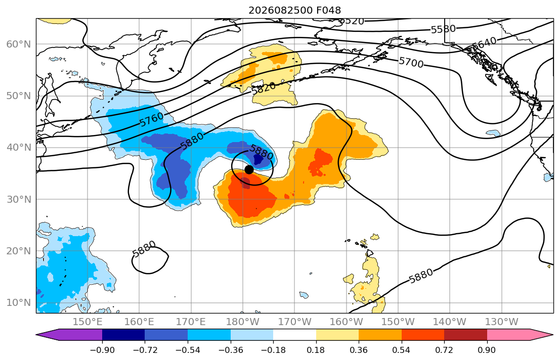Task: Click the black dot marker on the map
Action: click(249, 170)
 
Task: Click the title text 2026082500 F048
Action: click(294, 10)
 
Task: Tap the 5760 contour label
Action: click(152, 119)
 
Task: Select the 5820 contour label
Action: click(264, 88)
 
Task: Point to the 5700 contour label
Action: click(411, 62)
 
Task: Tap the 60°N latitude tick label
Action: click(19, 44)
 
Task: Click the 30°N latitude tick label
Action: click(19, 199)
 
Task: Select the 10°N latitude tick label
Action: click(19, 303)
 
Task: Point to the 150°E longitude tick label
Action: click(88, 322)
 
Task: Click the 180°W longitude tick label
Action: click(243, 322)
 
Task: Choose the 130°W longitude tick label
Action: click(502, 322)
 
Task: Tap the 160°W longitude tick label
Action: click(347, 322)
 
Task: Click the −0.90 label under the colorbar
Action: click(102, 350)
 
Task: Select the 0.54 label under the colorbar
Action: click(402, 350)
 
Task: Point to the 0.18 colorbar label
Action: click(316, 350)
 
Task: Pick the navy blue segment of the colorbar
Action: click(123, 335)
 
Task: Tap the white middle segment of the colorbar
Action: click(294, 335)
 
